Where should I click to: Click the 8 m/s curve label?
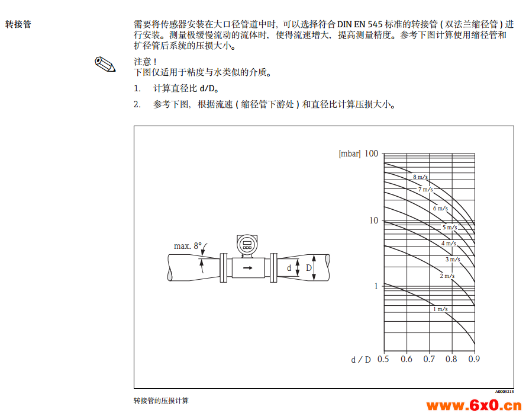[420, 177]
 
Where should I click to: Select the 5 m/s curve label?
[450, 228]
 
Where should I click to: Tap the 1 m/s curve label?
[440, 309]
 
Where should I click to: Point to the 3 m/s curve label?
[453, 260]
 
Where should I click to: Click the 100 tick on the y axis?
[371, 153]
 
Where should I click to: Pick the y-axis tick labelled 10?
[374, 220]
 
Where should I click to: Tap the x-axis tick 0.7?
[429, 359]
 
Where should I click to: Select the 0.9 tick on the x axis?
[474, 359]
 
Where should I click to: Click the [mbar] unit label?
[350, 153]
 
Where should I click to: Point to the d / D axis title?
[360, 360]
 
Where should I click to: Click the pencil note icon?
[105, 64]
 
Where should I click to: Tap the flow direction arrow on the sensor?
[247, 268]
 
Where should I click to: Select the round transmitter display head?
[247, 245]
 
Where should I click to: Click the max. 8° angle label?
[188, 246]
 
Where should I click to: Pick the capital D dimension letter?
[309, 268]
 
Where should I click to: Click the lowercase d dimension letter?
[289, 268]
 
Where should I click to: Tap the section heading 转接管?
[18, 24]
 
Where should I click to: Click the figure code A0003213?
[504, 392]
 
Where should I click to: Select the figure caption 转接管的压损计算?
[161, 401]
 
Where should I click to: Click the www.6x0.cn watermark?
[474, 405]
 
